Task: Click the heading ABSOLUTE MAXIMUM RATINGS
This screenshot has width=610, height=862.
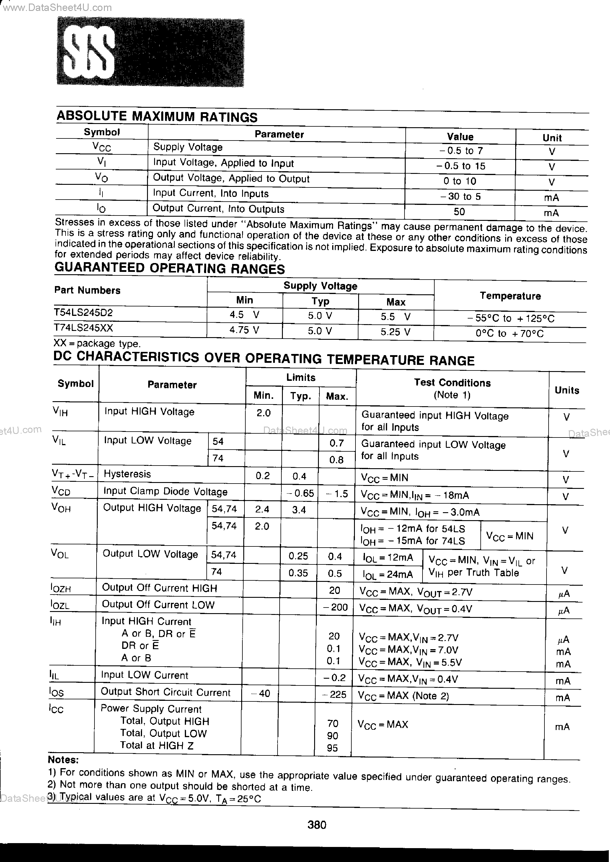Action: click(157, 117)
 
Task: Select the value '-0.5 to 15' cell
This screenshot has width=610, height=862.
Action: click(461, 166)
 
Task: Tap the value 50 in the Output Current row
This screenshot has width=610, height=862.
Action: click(459, 212)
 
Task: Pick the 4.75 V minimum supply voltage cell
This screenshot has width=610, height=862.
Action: click(244, 330)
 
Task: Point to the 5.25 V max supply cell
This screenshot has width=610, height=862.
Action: click(396, 332)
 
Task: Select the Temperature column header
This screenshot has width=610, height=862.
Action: click(510, 296)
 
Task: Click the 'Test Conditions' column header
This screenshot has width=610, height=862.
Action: click(452, 383)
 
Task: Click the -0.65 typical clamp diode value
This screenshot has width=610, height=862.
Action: click(300, 493)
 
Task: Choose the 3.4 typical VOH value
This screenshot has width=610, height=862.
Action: click(299, 510)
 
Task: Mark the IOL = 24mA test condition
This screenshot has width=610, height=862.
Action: click(388, 574)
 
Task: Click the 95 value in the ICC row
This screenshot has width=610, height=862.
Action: click(332, 748)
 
